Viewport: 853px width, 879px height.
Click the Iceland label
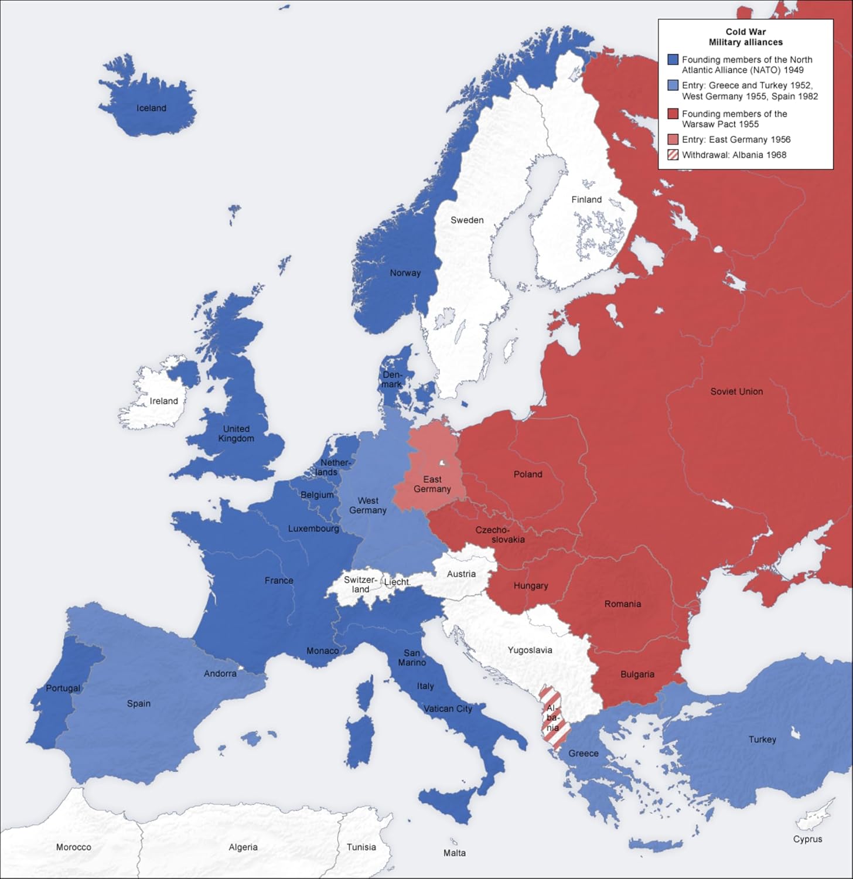[x=151, y=108]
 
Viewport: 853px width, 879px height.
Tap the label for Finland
[x=586, y=199]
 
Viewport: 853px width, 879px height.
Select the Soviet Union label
[x=736, y=391]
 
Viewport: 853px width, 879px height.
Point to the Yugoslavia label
[x=530, y=650]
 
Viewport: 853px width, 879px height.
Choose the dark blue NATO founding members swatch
[x=673, y=60]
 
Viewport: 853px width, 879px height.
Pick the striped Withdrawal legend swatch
[x=673, y=155]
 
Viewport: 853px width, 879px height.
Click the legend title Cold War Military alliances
[x=745, y=37]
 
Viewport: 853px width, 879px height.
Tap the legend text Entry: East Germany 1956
[x=736, y=139]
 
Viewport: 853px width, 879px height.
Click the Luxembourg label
[x=313, y=529]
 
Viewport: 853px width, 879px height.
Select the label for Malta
[x=454, y=853]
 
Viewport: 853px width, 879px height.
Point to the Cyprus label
[x=807, y=839]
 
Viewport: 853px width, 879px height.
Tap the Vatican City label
[x=448, y=708]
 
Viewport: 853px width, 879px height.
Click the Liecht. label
[x=397, y=582]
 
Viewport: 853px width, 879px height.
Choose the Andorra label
[x=220, y=673]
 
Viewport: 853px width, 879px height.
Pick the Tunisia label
[x=361, y=847]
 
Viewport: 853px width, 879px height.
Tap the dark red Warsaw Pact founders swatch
[x=673, y=114]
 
